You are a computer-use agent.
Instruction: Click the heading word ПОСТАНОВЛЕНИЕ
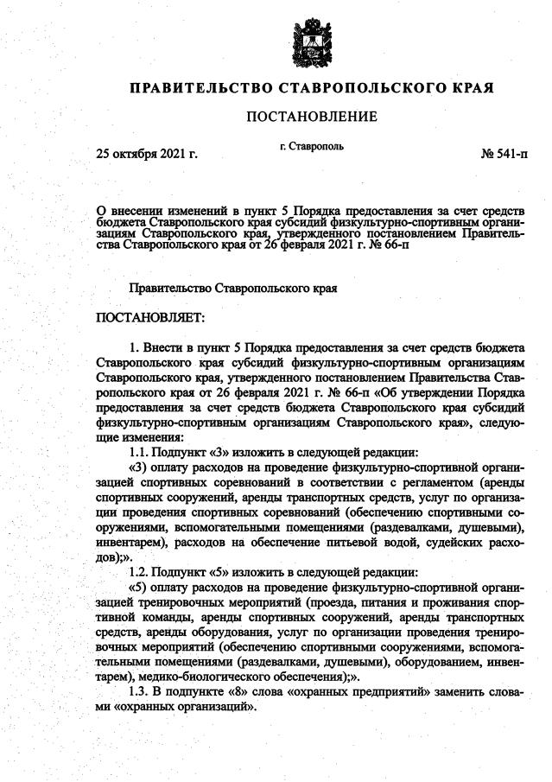(x=312, y=116)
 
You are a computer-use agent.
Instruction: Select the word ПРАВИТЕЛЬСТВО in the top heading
(x=200, y=88)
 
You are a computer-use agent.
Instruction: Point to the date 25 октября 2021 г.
(x=146, y=155)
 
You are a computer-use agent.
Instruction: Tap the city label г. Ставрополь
(x=312, y=146)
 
